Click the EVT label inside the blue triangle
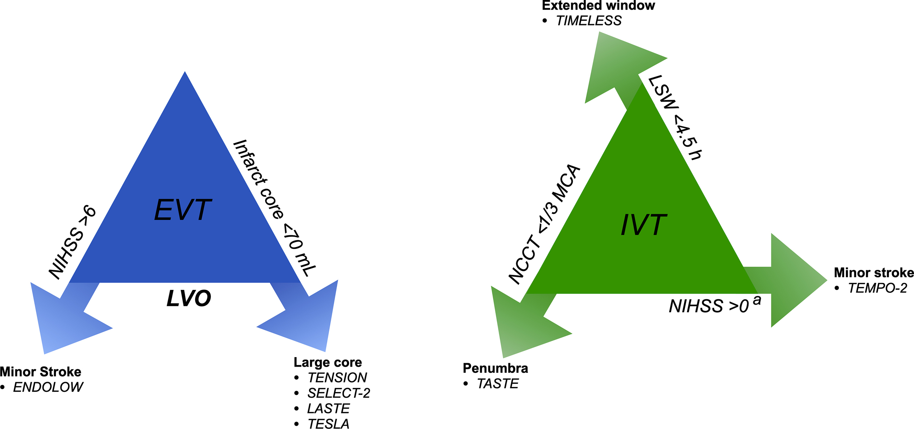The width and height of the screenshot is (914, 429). [x=183, y=210]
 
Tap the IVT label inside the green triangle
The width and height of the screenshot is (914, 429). [x=644, y=225]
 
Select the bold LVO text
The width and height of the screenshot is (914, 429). [x=189, y=298]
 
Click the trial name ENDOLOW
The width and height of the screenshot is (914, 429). [x=48, y=387]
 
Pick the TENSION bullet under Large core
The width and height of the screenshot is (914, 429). [x=337, y=377]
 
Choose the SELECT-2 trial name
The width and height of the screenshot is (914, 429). [x=338, y=393]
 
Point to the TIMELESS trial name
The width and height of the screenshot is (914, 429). [x=589, y=21]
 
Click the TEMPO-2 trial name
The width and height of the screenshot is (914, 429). [x=877, y=288]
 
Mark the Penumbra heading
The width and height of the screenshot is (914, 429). [x=495, y=368]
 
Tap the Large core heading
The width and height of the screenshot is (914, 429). [x=328, y=362]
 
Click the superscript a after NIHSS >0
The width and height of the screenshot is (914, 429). [x=757, y=300]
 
